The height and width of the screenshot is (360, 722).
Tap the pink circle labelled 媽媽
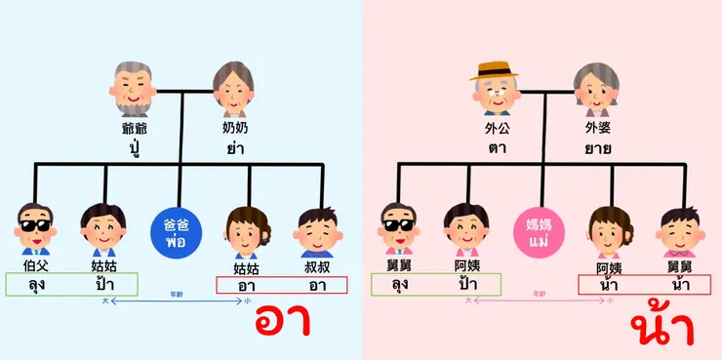click(x=539, y=231)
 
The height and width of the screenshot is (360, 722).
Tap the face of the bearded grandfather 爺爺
click(x=131, y=90)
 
